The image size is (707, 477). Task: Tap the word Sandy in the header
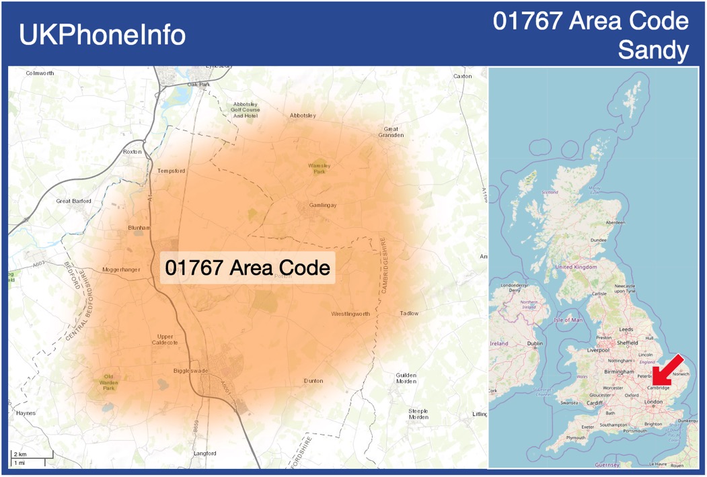coord(653,50)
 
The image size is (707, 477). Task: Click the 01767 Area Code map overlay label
coord(248,267)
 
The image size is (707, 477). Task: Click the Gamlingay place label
coord(322,205)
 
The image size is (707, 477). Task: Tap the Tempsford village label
coord(171,171)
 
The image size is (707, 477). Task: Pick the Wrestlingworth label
coord(350,314)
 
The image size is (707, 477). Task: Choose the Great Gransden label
coord(391,132)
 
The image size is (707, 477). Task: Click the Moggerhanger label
coord(121,270)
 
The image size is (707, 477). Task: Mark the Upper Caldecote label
coord(165,339)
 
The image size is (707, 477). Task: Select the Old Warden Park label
coord(108,382)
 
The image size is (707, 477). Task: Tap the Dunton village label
coord(313,381)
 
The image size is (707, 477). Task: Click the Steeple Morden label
coord(418,414)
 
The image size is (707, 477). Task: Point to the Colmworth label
coord(40,73)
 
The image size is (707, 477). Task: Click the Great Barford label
coord(73,201)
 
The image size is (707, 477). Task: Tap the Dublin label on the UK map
coord(535,344)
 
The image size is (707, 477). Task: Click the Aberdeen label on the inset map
coord(615,222)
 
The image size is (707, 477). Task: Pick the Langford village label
coord(205,453)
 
